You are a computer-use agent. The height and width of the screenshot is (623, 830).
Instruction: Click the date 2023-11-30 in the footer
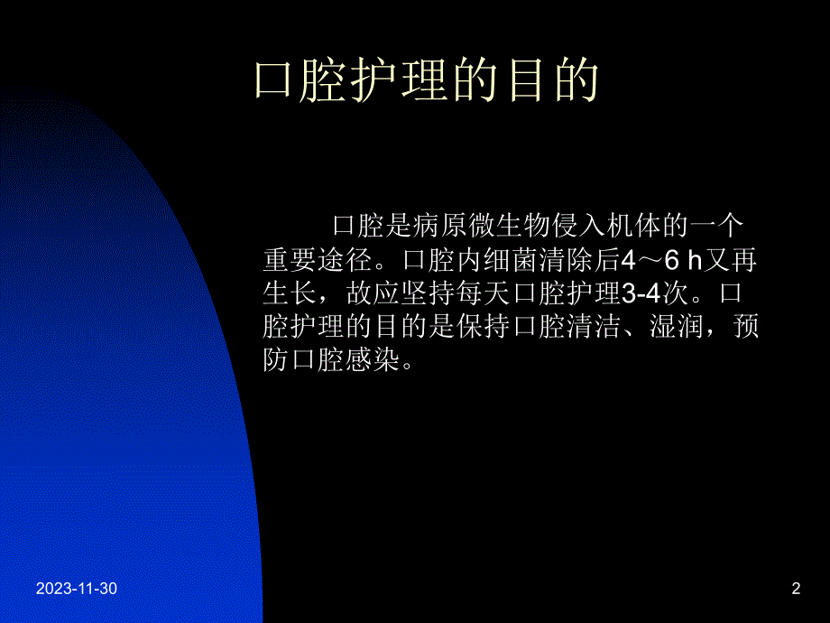(77, 590)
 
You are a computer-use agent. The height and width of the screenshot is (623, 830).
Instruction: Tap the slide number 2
(795, 590)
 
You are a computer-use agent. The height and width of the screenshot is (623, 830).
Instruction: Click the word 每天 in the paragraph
(479, 294)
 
